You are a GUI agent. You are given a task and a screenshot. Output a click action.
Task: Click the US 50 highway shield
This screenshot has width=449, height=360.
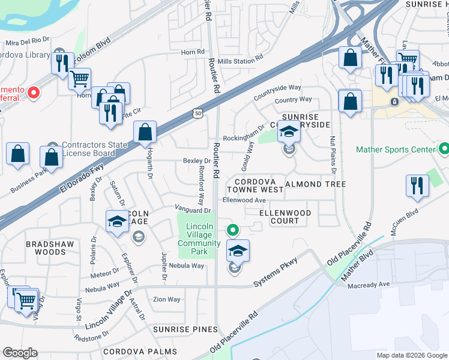click(x=199, y=113)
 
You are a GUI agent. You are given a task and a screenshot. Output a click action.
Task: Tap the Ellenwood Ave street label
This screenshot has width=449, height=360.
click(x=244, y=200)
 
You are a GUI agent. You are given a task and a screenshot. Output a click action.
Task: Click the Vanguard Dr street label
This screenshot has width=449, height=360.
click(x=193, y=210)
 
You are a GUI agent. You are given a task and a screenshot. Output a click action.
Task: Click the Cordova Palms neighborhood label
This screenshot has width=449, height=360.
click(x=139, y=351)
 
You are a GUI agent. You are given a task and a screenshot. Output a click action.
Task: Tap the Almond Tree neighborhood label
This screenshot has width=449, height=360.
click(x=316, y=184)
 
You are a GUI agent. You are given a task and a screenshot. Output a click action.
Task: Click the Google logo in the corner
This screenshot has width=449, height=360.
click(x=20, y=353)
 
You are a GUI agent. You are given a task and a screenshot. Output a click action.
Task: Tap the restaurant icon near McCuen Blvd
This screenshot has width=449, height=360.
click(x=417, y=186)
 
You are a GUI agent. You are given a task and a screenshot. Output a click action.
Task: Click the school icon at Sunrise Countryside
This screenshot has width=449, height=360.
click(x=289, y=131)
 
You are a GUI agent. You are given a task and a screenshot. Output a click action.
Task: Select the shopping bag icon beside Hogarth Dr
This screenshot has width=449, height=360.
click(x=145, y=133)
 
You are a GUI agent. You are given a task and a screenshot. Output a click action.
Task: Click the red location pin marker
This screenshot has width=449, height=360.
click(x=34, y=92)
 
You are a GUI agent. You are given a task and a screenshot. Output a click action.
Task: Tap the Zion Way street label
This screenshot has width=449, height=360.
click(x=166, y=299)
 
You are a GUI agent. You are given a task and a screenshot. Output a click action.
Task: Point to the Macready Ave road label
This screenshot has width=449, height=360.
click(x=369, y=285)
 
